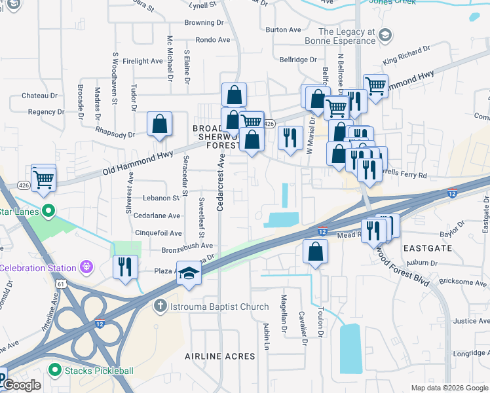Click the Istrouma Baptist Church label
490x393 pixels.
coord(211,307)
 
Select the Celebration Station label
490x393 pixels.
coord(39,267)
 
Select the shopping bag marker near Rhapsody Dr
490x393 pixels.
coord(160,124)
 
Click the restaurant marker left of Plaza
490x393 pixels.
coord(125,267)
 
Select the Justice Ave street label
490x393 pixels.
coord(472,321)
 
